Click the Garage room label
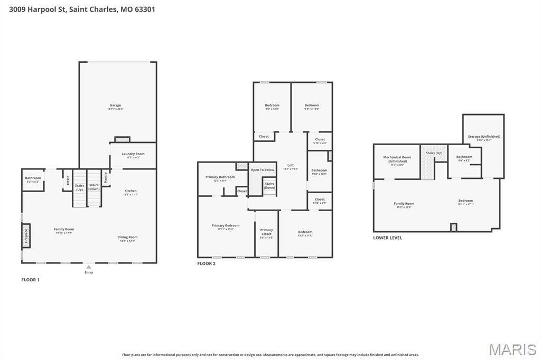click(115, 106)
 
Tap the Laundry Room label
click(133, 154)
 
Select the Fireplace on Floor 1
click(25, 235)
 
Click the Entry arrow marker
click(89, 267)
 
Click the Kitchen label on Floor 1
click(130, 191)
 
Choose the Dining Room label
click(127, 238)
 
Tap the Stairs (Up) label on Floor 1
click(79, 187)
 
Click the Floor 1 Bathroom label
click(33, 178)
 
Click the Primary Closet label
click(267, 232)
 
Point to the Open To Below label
click(263, 170)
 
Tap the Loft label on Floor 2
click(291, 166)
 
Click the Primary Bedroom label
click(226, 226)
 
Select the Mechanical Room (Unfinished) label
click(397, 159)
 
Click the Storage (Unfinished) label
click(484, 137)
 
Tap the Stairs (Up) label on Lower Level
click(434, 153)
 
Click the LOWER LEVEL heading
click(387, 238)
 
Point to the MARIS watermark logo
click(512, 349)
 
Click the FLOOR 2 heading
click(206, 263)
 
